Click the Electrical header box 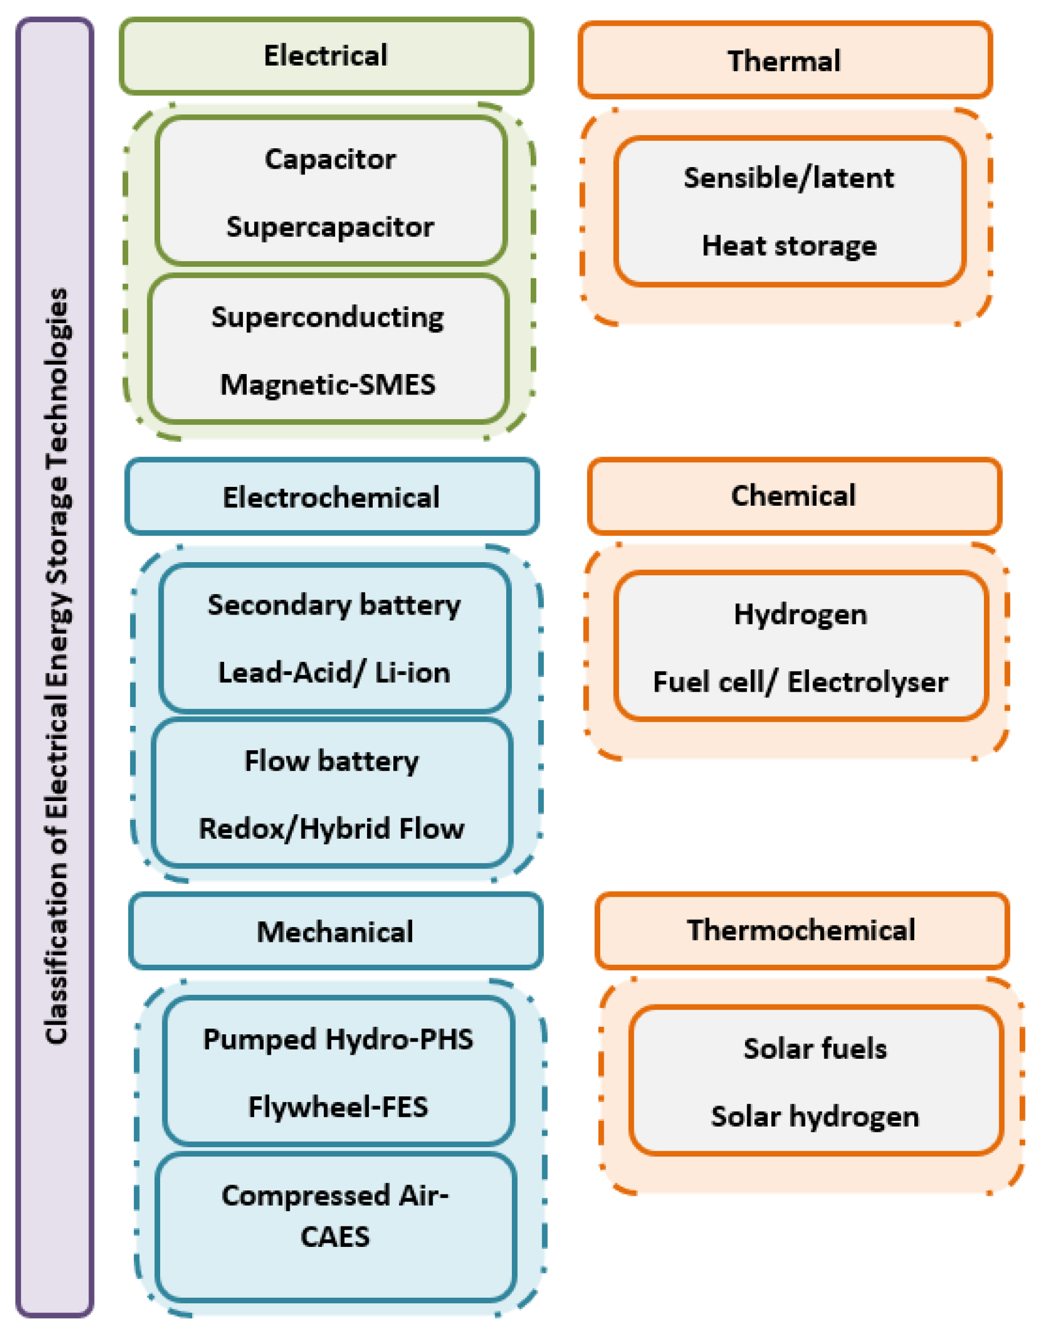(x=325, y=56)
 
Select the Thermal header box (x=784, y=60)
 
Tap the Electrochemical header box (x=331, y=497)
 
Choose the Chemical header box (x=793, y=495)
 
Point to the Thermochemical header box (x=801, y=930)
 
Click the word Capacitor (x=330, y=159)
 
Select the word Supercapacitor (x=330, y=227)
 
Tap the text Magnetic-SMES (x=328, y=385)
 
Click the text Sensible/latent (x=788, y=178)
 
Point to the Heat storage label (x=788, y=246)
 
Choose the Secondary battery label (x=333, y=605)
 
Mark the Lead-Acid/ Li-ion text (x=333, y=673)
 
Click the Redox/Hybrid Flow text (x=331, y=828)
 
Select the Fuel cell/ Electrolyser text (x=800, y=682)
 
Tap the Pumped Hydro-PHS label (x=338, y=1039)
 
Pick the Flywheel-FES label (x=338, y=1107)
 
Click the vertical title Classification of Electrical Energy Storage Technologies (x=56, y=667)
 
